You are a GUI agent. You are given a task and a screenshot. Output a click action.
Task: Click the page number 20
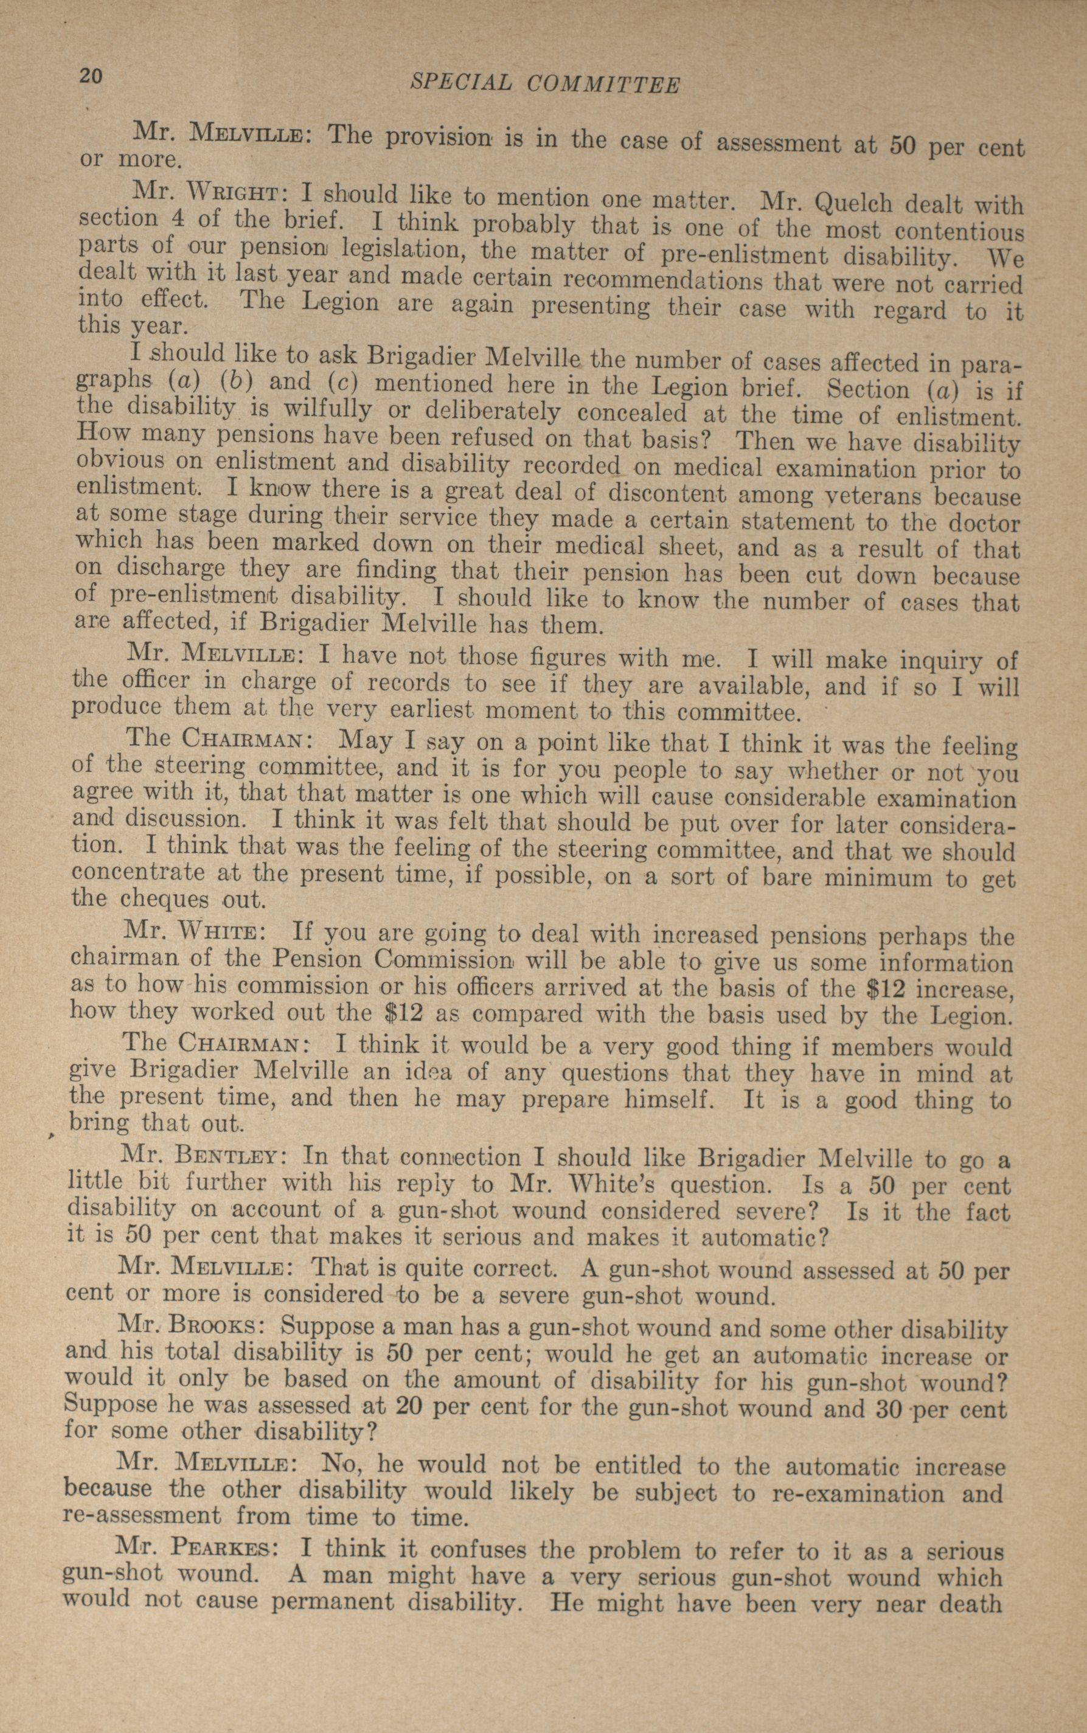tap(92, 76)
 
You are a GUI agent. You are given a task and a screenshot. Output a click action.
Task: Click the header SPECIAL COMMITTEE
tap(544, 84)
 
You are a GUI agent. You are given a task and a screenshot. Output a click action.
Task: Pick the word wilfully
tap(328, 410)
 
